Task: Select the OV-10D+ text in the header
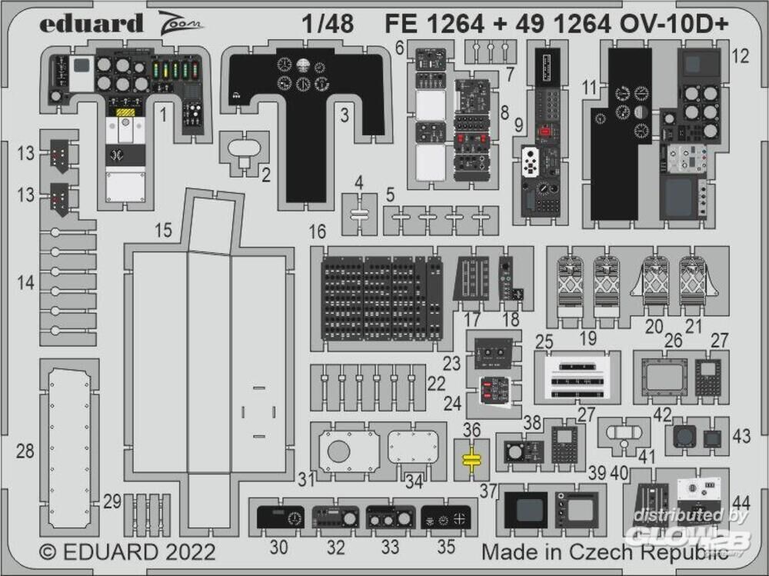tap(685, 25)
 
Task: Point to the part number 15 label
tap(162, 230)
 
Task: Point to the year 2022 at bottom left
tap(188, 552)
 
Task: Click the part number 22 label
tap(436, 383)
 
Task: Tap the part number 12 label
tap(740, 55)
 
